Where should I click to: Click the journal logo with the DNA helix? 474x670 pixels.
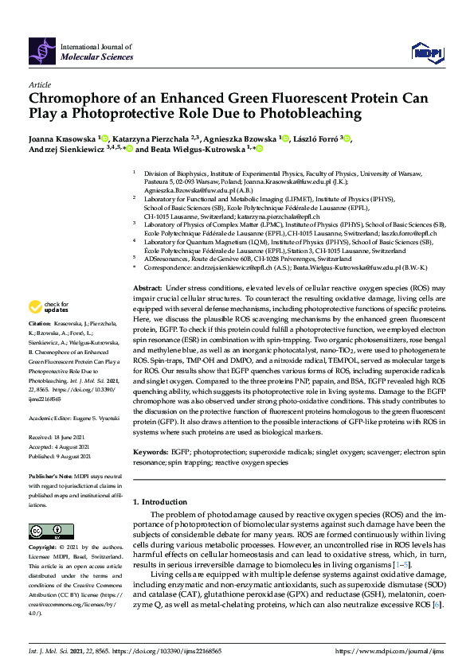pos(41,52)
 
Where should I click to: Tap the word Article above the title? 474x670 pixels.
pos(39,84)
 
